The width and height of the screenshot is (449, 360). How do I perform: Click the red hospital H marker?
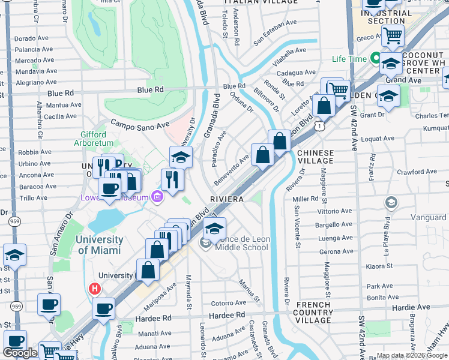94,289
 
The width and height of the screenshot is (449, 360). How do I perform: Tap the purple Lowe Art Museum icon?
157,197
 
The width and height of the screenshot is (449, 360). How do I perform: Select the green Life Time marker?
376,59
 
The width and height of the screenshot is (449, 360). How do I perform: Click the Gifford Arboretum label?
90,139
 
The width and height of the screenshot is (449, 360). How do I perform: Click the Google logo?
20,353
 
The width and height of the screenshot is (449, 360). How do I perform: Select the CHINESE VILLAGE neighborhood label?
315,157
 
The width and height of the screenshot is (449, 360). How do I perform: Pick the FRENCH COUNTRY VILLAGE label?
314,313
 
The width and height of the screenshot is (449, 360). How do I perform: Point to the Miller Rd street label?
306,199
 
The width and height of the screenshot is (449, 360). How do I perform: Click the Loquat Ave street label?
378,139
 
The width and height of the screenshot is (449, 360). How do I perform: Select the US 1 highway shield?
322,127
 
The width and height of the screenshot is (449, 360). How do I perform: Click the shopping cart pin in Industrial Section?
393,35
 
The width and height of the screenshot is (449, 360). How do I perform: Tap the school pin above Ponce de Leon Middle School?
214,228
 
